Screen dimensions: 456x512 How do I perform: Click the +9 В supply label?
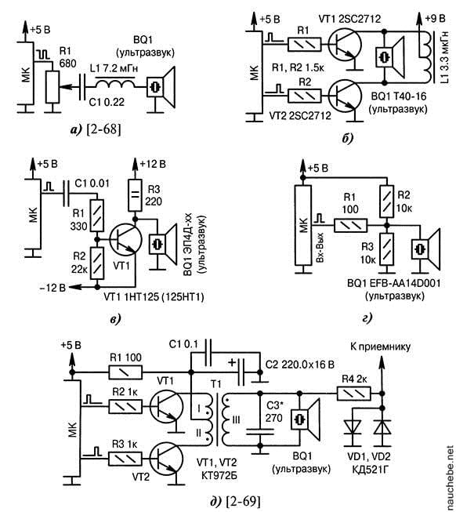pos(435,19)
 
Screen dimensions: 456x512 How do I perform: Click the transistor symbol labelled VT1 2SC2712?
pos(345,46)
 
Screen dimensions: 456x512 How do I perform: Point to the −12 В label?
pos(52,287)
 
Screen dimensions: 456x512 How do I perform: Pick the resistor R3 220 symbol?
pos(135,195)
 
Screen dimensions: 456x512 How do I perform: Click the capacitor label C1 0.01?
pos(92,183)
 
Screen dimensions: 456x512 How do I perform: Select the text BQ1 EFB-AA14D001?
pos(394,283)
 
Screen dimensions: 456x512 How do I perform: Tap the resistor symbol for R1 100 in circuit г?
pos(350,226)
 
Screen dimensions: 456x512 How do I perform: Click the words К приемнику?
pos(380,347)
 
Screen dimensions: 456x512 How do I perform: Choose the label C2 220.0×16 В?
pos(300,365)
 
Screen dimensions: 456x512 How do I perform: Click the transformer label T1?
pos(215,385)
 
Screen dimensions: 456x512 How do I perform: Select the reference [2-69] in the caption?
pos(244,501)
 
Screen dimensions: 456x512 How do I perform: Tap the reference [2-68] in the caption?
pos(103,129)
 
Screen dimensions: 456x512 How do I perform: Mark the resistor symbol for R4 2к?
pos(353,393)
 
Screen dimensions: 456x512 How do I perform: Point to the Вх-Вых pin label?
pos(320,247)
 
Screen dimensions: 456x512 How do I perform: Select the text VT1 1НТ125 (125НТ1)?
pos(154,297)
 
